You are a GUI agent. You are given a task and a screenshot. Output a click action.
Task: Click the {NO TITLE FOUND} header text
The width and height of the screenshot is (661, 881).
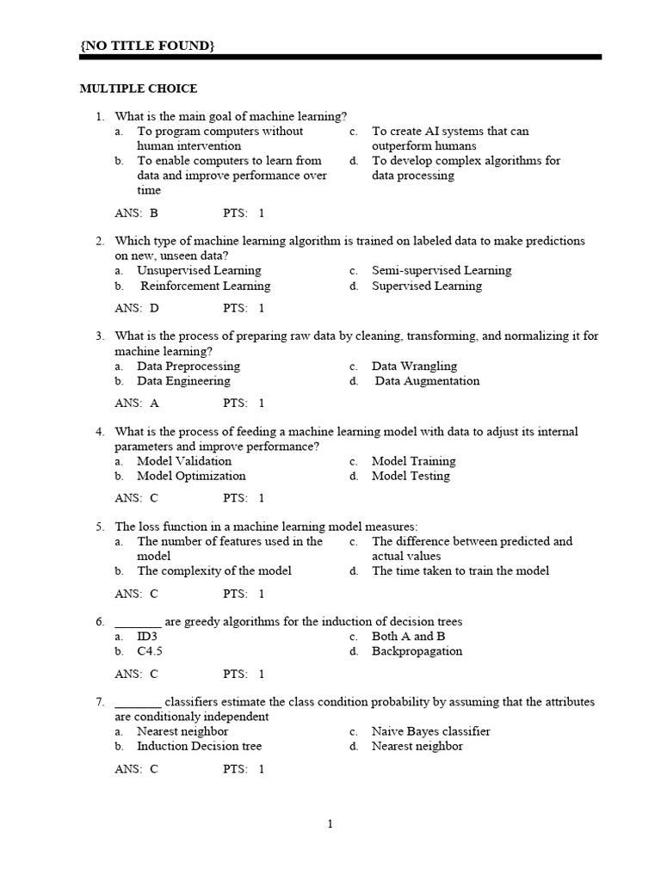pyautogui.click(x=147, y=45)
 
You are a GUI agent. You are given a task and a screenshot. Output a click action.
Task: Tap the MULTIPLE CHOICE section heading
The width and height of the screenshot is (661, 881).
pyautogui.click(x=139, y=89)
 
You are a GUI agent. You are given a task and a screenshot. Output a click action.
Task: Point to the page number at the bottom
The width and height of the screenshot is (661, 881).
pyautogui.click(x=330, y=824)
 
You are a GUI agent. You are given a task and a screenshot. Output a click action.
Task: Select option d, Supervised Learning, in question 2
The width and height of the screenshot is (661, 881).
pyautogui.click(x=426, y=286)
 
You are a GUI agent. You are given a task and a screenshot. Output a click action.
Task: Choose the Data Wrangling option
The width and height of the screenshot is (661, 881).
pyautogui.click(x=414, y=366)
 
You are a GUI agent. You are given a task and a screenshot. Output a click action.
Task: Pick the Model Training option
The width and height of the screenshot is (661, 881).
pyautogui.click(x=413, y=461)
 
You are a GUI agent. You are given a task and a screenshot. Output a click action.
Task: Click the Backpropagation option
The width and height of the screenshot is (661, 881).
pyautogui.click(x=417, y=651)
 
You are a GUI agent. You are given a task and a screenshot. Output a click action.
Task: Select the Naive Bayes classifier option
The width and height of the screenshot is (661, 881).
pyautogui.click(x=430, y=731)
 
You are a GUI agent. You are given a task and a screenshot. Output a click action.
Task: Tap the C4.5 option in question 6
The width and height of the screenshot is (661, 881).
pyautogui.click(x=150, y=651)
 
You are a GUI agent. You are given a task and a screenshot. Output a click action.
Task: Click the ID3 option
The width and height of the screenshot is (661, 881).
pyautogui.click(x=147, y=637)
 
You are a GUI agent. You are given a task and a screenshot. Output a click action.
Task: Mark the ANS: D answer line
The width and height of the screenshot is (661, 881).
pyautogui.click(x=137, y=308)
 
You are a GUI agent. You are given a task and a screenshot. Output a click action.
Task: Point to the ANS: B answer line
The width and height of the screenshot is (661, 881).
pyautogui.click(x=137, y=213)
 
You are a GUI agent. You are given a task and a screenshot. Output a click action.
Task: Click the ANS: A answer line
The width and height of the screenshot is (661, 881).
pyautogui.click(x=137, y=403)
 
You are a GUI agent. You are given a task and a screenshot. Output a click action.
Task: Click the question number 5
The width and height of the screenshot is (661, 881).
pyautogui.click(x=100, y=527)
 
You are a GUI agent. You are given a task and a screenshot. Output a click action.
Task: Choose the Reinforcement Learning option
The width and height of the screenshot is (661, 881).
pyautogui.click(x=205, y=286)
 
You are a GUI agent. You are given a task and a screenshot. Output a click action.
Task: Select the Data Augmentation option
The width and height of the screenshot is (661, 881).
pyautogui.click(x=427, y=381)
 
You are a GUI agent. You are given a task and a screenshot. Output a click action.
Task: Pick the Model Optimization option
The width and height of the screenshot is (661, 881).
pyautogui.click(x=191, y=476)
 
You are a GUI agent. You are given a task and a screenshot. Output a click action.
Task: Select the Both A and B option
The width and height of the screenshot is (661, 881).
pyautogui.click(x=408, y=637)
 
